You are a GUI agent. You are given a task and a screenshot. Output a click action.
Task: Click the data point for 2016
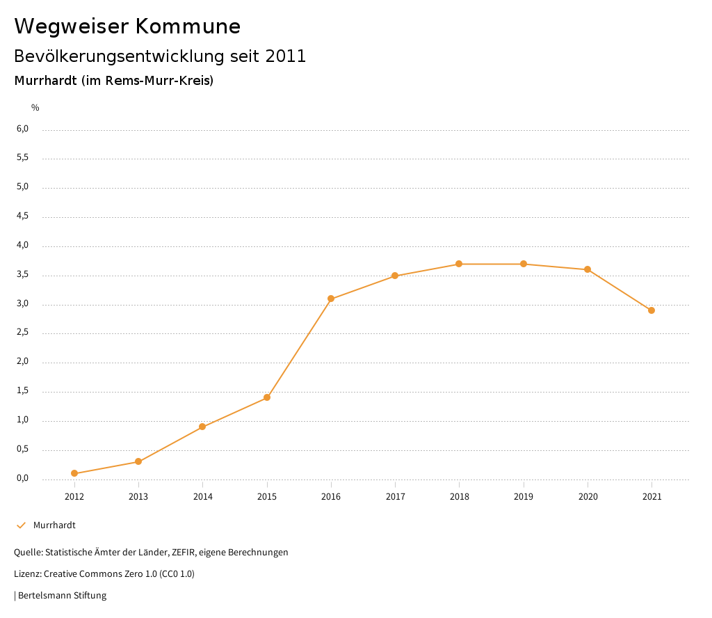pyautogui.click(x=331, y=299)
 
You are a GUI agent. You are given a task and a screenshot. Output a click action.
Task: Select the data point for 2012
pyautogui.click(x=74, y=473)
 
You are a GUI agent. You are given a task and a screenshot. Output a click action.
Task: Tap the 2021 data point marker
pyautogui.click(x=652, y=310)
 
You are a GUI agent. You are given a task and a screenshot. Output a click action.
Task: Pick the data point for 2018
pyautogui.click(x=459, y=264)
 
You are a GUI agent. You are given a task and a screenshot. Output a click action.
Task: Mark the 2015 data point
pyautogui.click(x=267, y=397)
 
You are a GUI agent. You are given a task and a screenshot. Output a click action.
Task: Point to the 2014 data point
pyautogui.click(x=202, y=427)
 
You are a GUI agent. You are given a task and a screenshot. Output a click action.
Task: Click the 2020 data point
pyautogui.click(x=588, y=269)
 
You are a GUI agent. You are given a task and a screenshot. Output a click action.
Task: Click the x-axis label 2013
pyautogui.click(x=138, y=497)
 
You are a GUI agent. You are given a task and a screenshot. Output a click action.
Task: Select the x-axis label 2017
pyautogui.click(x=395, y=497)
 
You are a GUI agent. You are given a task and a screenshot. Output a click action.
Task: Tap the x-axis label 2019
pyautogui.click(x=524, y=497)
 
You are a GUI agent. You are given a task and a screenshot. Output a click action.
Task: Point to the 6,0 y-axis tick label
pyautogui.click(x=23, y=129)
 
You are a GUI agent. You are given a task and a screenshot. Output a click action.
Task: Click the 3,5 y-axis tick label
pyautogui.click(x=23, y=274)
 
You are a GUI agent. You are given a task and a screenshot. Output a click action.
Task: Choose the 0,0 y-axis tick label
pyautogui.click(x=23, y=478)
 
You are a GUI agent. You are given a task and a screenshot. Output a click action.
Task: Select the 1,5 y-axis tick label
pyautogui.click(x=23, y=390)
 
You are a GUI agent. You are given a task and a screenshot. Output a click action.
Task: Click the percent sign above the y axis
pyautogui.click(x=35, y=108)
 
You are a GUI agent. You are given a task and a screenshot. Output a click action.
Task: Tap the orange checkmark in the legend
pyautogui.click(x=21, y=525)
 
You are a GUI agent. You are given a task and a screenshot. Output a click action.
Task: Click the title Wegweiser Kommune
pyautogui.click(x=127, y=26)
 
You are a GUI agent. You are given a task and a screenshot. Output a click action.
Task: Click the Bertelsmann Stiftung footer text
pyautogui.click(x=62, y=596)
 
